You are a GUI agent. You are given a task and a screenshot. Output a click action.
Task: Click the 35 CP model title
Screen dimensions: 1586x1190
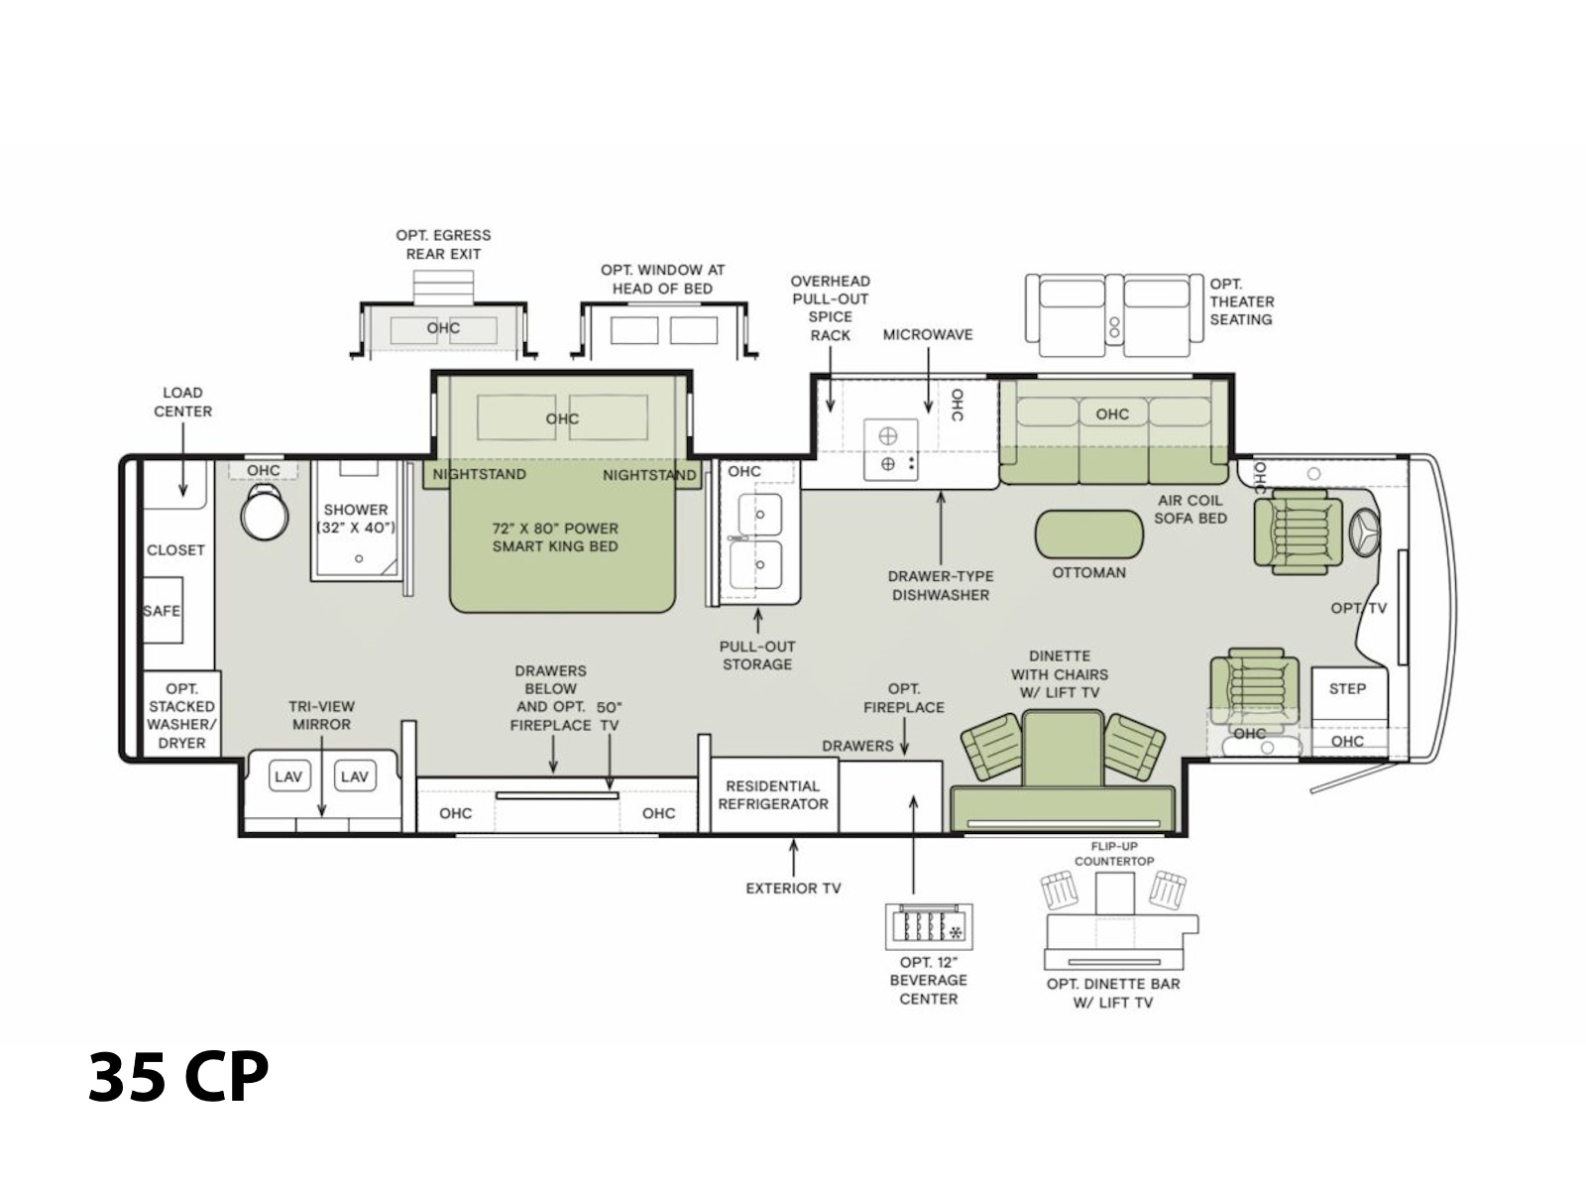[x=178, y=1076]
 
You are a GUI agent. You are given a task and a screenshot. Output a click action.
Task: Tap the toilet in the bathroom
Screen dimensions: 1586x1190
[x=264, y=512]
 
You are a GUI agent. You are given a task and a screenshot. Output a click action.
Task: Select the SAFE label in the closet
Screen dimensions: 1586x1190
[x=162, y=611]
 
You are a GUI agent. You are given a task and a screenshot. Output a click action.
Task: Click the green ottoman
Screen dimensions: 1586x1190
[x=1088, y=534]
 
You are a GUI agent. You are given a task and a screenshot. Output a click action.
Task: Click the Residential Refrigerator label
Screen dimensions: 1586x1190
[x=773, y=794]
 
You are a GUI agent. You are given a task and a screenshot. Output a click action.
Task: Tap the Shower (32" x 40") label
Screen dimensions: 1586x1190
[x=356, y=518]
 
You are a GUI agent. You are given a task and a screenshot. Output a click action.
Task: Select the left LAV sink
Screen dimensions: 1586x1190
[x=288, y=776]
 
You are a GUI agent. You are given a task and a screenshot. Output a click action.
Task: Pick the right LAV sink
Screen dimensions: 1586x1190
[x=355, y=776]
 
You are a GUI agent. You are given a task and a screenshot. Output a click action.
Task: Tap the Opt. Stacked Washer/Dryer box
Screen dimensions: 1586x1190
[x=181, y=714]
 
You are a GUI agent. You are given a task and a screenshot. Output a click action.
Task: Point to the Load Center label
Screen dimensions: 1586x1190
[x=182, y=402]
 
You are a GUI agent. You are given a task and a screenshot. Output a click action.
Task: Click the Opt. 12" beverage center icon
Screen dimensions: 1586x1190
[x=929, y=926]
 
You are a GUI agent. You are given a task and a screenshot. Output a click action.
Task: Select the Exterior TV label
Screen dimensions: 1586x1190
[x=793, y=888]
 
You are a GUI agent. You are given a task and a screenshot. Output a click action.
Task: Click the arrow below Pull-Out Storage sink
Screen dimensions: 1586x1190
[x=758, y=621]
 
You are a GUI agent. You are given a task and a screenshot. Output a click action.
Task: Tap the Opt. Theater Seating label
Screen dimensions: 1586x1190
[x=1242, y=301]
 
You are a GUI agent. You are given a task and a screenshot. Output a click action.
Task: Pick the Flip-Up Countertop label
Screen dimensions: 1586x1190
[x=1114, y=853]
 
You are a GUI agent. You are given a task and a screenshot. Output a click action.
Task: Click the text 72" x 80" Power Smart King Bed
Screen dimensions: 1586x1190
[x=555, y=536]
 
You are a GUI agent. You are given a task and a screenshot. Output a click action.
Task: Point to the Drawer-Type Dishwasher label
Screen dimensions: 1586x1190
[x=941, y=585]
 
